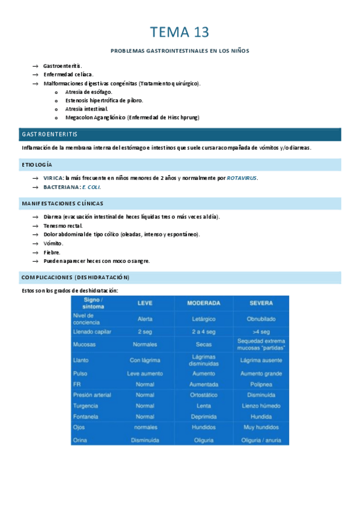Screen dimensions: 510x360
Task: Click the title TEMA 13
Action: click(180, 31)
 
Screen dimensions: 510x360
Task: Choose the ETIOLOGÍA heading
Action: click(37, 164)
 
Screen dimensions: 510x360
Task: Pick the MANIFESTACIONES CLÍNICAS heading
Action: click(62, 203)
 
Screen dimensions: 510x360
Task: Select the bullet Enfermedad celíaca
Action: click(68, 74)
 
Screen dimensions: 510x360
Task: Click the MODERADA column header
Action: click(203, 303)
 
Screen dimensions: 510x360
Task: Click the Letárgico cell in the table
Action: click(203, 319)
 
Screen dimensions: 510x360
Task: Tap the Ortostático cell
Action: click(203, 395)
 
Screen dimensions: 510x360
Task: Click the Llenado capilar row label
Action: click(92, 331)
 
